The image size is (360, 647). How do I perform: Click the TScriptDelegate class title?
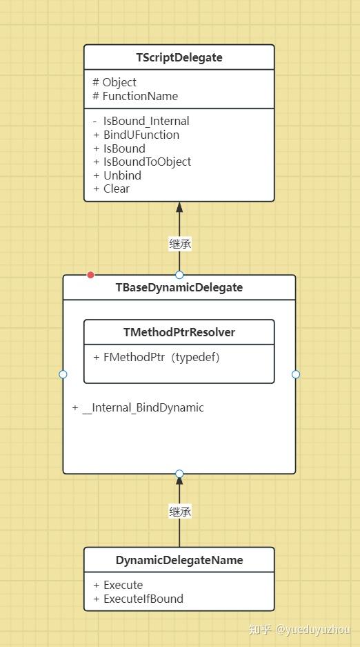click(179, 57)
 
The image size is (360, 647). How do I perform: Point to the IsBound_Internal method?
click(146, 121)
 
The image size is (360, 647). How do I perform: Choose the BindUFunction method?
click(141, 135)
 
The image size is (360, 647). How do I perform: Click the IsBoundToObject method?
click(147, 162)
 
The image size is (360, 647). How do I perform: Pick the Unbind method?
click(121, 175)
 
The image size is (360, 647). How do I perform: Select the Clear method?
click(116, 189)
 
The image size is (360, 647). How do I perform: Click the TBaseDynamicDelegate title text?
click(179, 287)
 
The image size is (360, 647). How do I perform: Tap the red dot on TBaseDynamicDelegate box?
click(90, 275)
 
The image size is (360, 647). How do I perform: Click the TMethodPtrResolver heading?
click(179, 332)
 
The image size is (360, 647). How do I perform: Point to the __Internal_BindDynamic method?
click(143, 407)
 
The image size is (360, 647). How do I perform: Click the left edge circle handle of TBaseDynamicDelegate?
click(63, 374)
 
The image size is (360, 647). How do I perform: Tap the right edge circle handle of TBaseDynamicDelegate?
click(296, 374)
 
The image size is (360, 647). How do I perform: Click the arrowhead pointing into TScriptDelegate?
click(179, 207)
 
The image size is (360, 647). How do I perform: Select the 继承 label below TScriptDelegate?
click(180, 243)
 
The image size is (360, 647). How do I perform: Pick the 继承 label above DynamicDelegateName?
click(180, 512)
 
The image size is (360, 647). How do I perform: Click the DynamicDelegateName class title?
click(179, 560)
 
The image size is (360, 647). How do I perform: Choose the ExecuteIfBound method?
click(143, 599)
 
